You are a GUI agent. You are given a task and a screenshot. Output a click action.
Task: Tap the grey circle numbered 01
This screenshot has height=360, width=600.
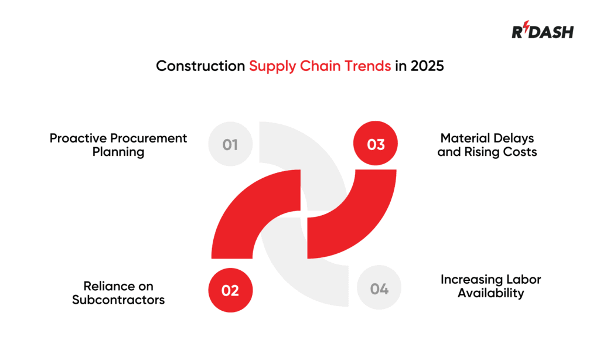pos(230,144)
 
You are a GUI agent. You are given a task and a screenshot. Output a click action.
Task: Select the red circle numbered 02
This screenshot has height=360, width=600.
pos(230,290)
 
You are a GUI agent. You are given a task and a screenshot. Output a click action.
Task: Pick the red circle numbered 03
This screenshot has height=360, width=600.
pos(376,144)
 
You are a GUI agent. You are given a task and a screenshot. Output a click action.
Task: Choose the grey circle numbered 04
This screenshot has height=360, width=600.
pos(379,289)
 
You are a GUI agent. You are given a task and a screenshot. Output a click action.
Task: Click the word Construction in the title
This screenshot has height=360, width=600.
pos(200,66)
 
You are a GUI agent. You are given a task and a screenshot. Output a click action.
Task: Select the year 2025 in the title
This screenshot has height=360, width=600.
pos(427,66)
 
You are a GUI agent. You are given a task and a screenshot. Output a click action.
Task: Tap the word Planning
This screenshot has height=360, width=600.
pos(118,152)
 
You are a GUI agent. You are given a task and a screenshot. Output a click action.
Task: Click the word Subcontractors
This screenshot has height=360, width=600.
pos(118,300)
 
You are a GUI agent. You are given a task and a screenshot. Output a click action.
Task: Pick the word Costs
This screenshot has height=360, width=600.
pos(521,152)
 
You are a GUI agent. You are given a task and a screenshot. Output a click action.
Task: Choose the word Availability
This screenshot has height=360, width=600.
pos(491,293)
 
